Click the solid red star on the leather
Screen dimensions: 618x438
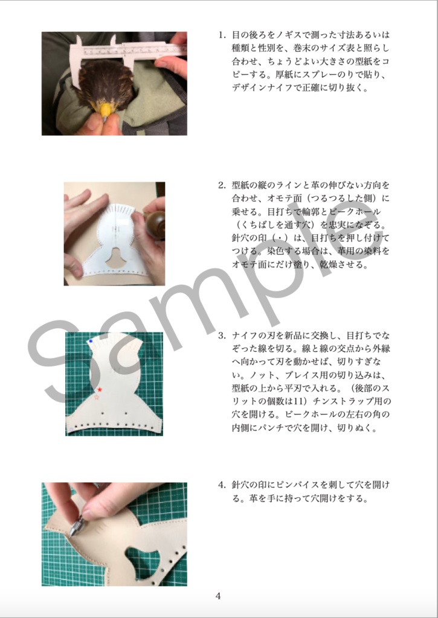(x=100, y=390)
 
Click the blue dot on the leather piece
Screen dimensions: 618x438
(x=91, y=342)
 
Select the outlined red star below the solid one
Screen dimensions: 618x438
(x=97, y=398)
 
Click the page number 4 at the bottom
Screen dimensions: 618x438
(x=218, y=596)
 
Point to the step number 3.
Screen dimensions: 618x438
(x=222, y=335)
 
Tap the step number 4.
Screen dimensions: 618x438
(x=222, y=485)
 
